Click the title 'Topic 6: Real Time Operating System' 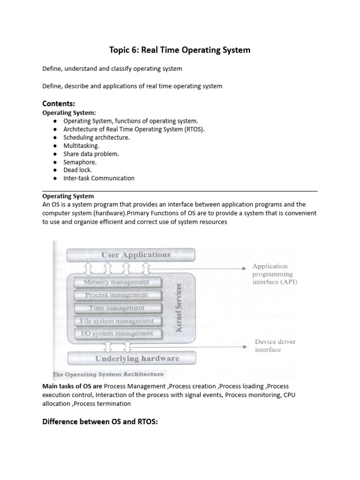180,50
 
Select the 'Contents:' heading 59,103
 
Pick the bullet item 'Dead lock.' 78,170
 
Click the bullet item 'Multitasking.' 82,146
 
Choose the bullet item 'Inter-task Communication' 98,178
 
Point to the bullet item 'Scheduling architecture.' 97,137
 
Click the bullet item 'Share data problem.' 91,154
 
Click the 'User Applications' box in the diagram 136,255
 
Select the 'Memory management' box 116,282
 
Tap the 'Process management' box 116,295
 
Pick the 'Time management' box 116,308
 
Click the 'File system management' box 116,321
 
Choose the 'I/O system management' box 116,334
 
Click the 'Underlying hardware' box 137,359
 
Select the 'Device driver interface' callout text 274,345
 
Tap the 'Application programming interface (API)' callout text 274,274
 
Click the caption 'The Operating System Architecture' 109,375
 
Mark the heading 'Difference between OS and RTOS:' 100,421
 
